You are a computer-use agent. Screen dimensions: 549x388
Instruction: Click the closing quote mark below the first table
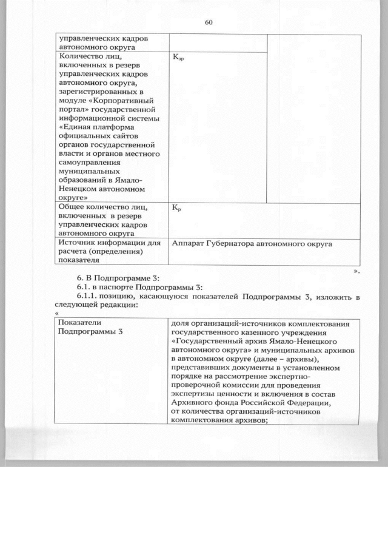pos(356,271)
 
